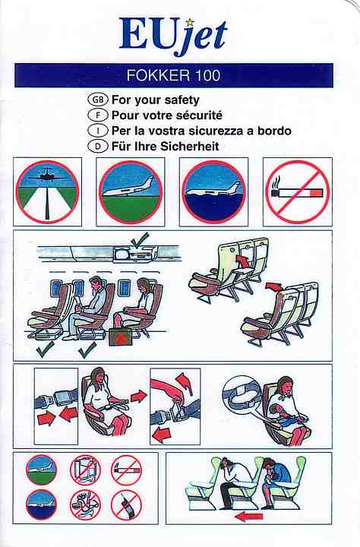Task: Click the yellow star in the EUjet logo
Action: [190, 22]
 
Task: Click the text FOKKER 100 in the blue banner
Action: [173, 75]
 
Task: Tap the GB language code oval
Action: [98, 100]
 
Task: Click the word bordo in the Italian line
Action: [274, 131]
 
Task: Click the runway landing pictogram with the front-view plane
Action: [47, 191]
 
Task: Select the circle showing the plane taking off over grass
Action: [131, 192]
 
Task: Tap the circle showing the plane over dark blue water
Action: [214, 192]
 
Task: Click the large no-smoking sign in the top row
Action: [298, 192]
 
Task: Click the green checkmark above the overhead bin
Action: [139, 239]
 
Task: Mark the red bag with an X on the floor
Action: [120, 337]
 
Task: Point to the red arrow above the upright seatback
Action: [274, 286]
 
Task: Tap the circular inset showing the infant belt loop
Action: [242, 395]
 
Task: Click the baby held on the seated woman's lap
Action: [281, 411]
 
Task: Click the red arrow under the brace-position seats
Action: [249, 517]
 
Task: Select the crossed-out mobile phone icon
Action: [126, 504]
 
